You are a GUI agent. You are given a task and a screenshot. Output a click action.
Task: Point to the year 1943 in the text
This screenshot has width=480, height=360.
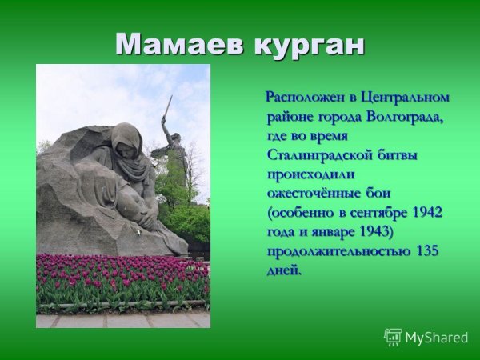click(367, 232)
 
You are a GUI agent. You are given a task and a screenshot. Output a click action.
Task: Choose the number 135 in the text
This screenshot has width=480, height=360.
click(427, 251)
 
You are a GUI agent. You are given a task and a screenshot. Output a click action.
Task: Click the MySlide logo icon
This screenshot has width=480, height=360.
click(393, 337)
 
